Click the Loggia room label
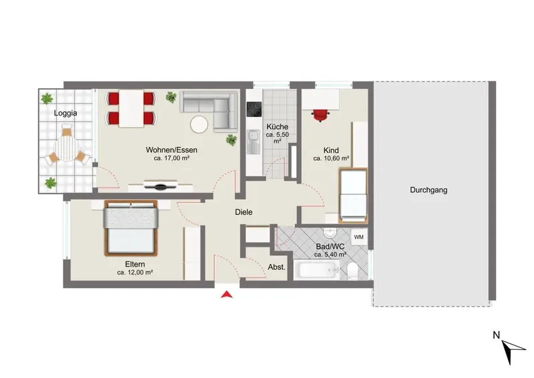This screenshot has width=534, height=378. click(x=65, y=113)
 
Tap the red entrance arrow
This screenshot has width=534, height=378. click(x=226, y=295)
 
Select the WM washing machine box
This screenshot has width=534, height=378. click(x=358, y=237)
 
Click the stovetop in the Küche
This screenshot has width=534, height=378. click(x=254, y=110)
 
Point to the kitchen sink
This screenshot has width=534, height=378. click(x=254, y=142)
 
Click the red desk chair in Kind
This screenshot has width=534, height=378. click(x=320, y=116)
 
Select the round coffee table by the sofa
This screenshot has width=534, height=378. click(x=199, y=124)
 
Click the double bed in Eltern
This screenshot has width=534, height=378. click(x=131, y=228)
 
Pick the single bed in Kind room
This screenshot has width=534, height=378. click(x=354, y=195)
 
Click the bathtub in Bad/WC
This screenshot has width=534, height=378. click(x=316, y=270)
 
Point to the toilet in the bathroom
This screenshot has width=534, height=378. click(x=352, y=272)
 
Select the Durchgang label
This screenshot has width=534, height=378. click(x=429, y=190)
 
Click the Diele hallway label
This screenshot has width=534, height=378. click(x=244, y=212)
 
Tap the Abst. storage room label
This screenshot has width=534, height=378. click(x=276, y=267)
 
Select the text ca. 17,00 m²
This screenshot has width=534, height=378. click(x=172, y=158)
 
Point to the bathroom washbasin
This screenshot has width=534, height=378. click(x=330, y=233)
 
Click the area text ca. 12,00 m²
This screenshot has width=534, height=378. click(x=135, y=272)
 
